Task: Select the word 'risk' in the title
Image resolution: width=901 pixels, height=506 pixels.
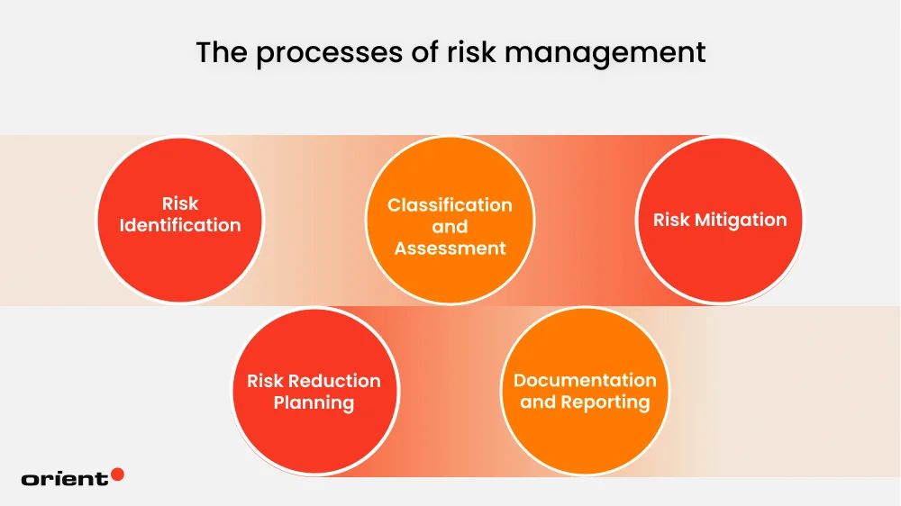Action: click(x=469, y=53)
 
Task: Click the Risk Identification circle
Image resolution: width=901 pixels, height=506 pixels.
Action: click(x=179, y=220)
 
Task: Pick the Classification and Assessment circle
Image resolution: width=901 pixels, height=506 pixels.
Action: click(x=449, y=220)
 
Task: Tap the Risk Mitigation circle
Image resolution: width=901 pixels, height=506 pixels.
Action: click(x=719, y=220)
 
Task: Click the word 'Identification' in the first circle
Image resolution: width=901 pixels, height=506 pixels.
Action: click(x=180, y=225)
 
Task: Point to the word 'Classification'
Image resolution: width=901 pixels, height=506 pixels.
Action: click(x=450, y=205)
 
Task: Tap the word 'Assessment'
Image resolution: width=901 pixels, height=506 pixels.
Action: click(x=450, y=248)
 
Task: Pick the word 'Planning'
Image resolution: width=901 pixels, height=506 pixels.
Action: click(x=314, y=402)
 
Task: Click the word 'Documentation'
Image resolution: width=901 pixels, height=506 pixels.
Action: click(x=585, y=380)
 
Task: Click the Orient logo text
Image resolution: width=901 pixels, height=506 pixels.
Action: click(x=64, y=479)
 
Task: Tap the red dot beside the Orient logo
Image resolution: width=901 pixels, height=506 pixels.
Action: click(x=117, y=474)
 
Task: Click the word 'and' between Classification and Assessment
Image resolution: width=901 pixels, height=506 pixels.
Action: click(x=450, y=227)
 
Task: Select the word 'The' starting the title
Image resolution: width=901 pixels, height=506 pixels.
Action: click(x=221, y=53)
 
